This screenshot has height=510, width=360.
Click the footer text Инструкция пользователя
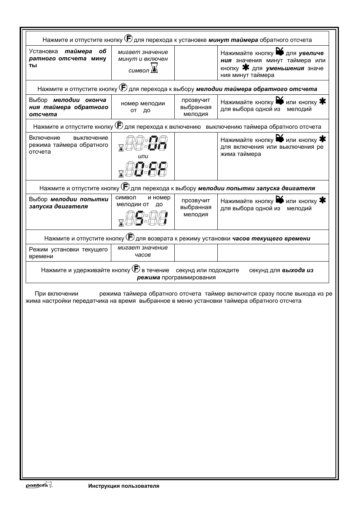click(x=124, y=486)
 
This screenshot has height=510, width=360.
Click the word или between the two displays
click(x=143, y=156)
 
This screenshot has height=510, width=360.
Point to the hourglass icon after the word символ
click(x=154, y=68)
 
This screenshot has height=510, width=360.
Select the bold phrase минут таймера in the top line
click(x=233, y=40)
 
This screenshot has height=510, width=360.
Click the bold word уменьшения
click(x=285, y=68)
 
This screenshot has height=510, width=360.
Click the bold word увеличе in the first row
click(x=311, y=54)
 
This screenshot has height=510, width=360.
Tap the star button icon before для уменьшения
click(x=246, y=68)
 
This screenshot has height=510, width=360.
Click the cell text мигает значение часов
click(x=143, y=251)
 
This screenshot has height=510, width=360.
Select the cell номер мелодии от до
click(x=143, y=107)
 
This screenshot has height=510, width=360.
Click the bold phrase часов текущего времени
click(x=271, y=239)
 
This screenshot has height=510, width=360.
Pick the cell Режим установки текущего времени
click(x=68, y=253)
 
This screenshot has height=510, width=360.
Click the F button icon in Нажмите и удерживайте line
click(x=136, y=269)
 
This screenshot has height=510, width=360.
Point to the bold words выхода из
click(x=297, y=270)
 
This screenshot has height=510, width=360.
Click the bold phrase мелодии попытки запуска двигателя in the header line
click(x=256, y=188)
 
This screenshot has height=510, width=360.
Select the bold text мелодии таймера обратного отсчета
click(x=257, y=89)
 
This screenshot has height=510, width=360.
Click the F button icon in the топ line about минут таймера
click(x=128, y=39)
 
